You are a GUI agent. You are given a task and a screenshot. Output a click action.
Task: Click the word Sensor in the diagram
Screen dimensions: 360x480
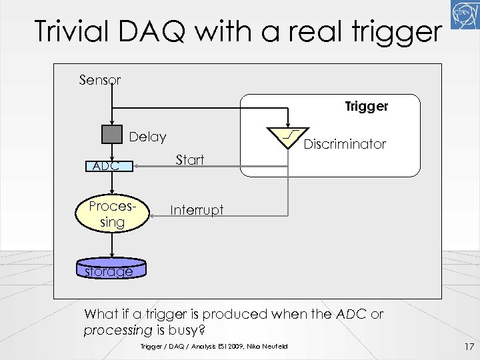coord(100,80)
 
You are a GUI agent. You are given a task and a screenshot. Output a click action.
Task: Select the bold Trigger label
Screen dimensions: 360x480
coord(366,106)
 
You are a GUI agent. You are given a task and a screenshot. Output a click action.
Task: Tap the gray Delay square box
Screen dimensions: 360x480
coord(113,135)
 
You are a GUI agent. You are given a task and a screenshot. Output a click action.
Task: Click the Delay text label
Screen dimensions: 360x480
coord(147,137)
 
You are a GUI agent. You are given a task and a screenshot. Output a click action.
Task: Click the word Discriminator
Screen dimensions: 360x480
coord(345,144)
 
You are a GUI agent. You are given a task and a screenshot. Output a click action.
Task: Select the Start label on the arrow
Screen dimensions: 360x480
coord(189,160)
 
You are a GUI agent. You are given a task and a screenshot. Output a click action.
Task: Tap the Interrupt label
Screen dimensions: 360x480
coord(197,210)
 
